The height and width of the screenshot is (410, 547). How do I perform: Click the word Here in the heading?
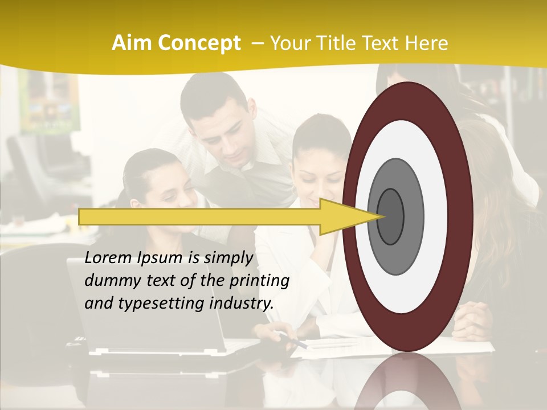click(x=428, y=43)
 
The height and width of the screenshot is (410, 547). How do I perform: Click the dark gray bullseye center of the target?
click(x=390, y=216)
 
